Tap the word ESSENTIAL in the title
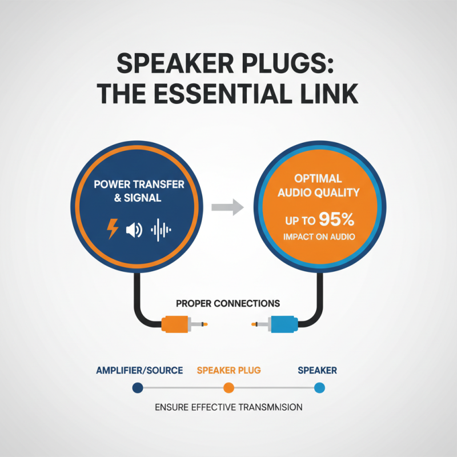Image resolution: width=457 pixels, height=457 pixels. pos(228,93)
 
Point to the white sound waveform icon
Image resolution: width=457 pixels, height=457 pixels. pos(161,230)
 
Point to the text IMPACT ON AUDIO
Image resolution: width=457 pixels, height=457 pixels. pos(319,236)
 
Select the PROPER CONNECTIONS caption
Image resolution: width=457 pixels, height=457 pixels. pos(228,302)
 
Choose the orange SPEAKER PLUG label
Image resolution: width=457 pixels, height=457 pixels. pos(228,371)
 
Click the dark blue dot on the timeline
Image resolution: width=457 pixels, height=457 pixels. pos(137,388)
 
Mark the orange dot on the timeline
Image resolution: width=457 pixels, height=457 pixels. pos(228,388)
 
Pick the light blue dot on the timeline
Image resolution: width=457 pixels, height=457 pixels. pos(319,388)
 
